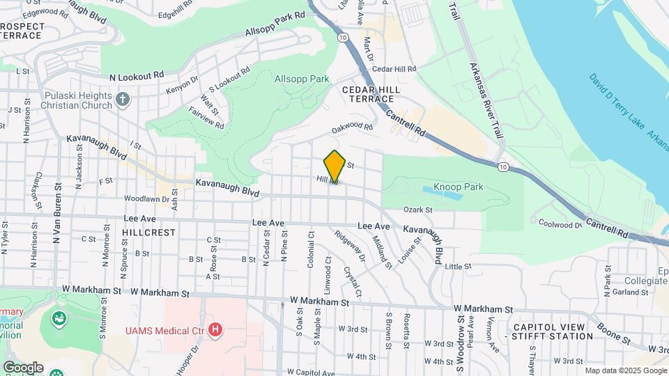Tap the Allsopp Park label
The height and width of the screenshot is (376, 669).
click(x=302, y=79)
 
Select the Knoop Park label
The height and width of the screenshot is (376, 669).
click(x=458, y=187)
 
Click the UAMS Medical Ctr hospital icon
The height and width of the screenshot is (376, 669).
click(x=216, y=329)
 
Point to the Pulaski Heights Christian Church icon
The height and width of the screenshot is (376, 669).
click(x=123, y=98)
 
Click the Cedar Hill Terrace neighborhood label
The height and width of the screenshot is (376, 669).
click(x=370, y=95)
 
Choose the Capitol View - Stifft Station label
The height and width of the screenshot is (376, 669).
click(x=553, y=331)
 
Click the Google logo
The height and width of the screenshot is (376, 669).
click(x=22, y=367)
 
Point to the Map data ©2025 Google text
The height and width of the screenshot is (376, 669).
click(x=625, y=370)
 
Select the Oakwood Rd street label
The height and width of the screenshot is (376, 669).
click(x=353, y=127)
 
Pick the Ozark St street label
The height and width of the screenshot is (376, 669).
click(x=418, y=210)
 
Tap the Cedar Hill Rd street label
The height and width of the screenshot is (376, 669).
click(x=394, y=69)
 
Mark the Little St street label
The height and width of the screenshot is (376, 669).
click(x=458, y=267)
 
